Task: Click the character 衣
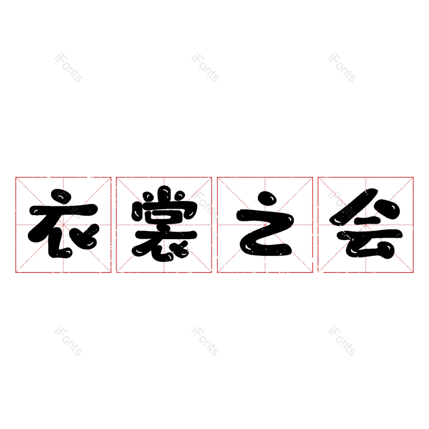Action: pyautogui.click(x=63, y=225)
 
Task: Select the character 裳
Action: pyautogui.click(x=164, y=225)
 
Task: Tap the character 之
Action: pyautogui.click(x=265, y=225)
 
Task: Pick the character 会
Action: pyautogui.click(x=366, y=225)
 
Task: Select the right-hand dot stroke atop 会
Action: pyautogui.click(x=388, y=210)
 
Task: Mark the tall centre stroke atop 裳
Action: pyautogui.click(x=165, y=194)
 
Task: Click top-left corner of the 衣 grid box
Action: pyautogui.click(x=16, y=177)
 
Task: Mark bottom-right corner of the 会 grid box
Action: pyautogui.click(x=413, y=272)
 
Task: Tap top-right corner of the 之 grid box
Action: pyautogui.click(x=313, y=177)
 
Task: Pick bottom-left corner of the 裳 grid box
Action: pyautogui.click(x=116, y=272)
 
